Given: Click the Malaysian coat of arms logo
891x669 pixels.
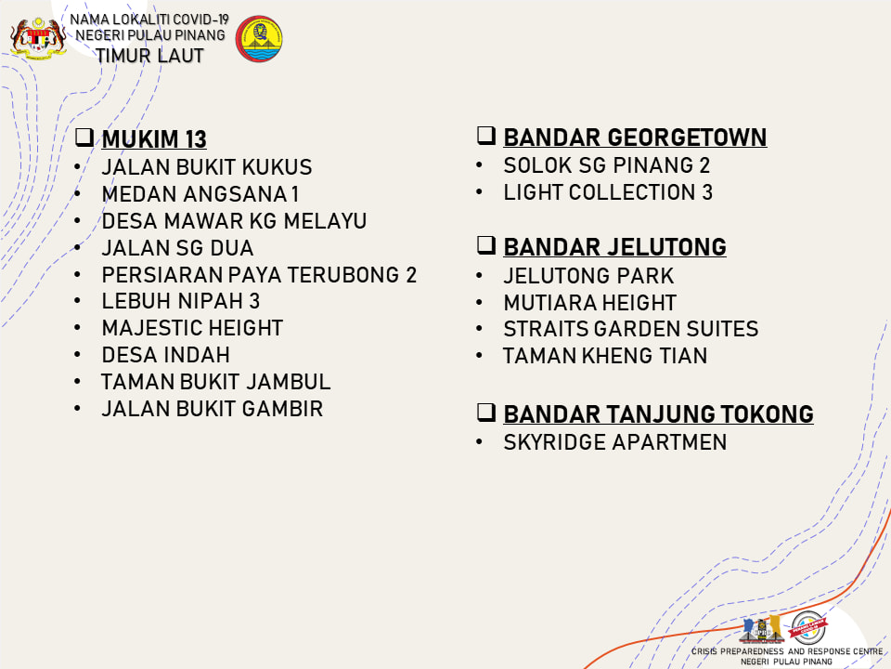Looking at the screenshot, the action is [x=38, y=38].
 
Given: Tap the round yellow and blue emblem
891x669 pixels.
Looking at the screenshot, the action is [x=259, y=39].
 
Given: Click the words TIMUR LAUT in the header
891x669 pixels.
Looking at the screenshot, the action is [x=149, y=56].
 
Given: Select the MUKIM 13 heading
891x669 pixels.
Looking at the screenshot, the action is [x=154, y=139].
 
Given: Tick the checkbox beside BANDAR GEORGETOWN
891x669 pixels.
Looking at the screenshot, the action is [x=485, y=136].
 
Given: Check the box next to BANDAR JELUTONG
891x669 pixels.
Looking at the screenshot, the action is [x=485, y=244].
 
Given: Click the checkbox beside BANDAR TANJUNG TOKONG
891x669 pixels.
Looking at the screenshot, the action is [x=485, y=412].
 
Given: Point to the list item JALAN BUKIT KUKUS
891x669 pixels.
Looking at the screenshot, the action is [x=207, y=167].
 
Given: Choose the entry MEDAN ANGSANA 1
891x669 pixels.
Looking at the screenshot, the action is [x=200, y=194].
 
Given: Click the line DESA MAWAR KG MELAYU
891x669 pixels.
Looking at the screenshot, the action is [x=234, y=221].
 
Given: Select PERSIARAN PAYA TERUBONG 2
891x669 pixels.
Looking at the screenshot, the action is [x=259, y=275].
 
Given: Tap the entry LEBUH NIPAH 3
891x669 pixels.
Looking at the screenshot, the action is [x=181, y=301].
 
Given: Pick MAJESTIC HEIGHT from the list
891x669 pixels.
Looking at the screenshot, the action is [x=192, y=328].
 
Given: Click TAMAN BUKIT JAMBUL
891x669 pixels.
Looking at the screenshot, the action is [x=216, y=382].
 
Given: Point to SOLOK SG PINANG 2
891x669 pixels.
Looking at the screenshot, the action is [x=607, y=165].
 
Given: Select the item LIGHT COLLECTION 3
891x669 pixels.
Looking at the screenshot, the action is [x=608, y=192].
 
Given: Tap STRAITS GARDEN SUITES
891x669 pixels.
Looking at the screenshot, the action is [x=631, y=329].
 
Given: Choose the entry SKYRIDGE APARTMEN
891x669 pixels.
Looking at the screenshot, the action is [x=614, y=442].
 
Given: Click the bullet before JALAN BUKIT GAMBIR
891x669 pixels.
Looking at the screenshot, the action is [x=77, y=409].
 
